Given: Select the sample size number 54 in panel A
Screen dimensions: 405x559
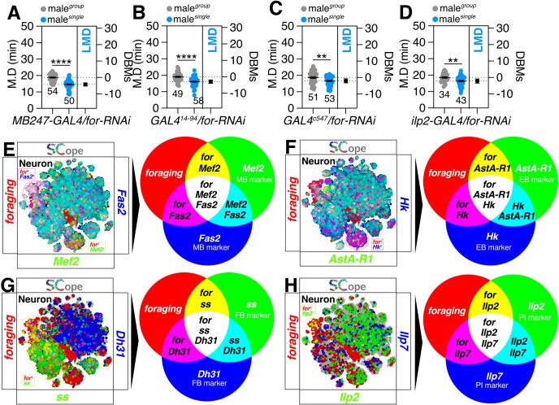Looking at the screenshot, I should coord(51,91).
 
